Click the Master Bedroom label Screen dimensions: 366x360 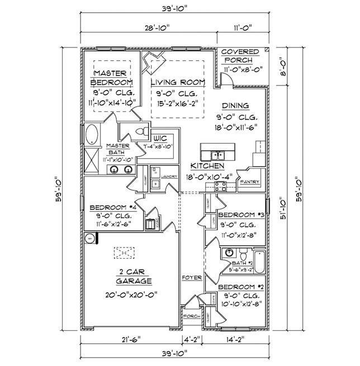click(x=112, y=78)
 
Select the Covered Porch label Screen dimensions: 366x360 click(x=244, y=55)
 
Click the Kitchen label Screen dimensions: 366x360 click(x=207, y=166)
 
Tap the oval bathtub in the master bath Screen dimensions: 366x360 click(x=92, y=135)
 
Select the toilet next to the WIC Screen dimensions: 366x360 click(x=140, y=131)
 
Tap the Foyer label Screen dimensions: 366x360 click(x=191, y=277)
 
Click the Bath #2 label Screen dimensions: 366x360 click(x=241, y=262)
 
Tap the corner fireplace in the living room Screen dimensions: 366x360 click(x=153, y=62)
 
